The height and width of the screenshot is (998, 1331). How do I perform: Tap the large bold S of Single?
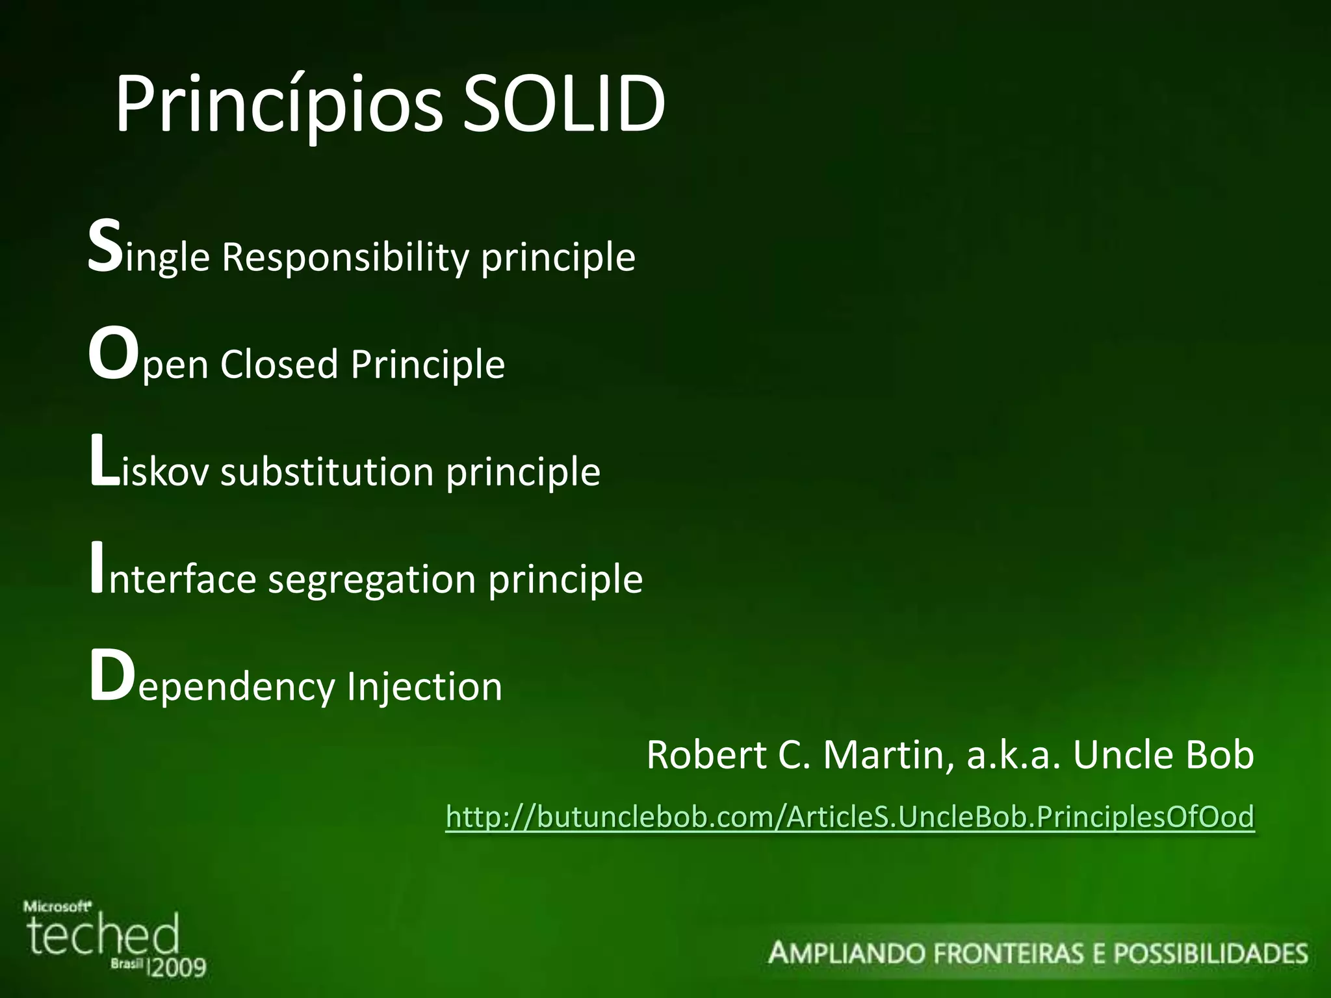[x=105, y=247]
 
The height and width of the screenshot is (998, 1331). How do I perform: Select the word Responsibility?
[x=344, y=257]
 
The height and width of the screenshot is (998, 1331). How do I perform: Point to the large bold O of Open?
[x=114, y=354]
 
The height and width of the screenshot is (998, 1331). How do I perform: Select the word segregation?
[x=372, y=580]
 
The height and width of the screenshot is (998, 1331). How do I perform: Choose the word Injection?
[x=424, y=687]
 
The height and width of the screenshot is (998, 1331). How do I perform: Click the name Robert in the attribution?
[x=706, y=755]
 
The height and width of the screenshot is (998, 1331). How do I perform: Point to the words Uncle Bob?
[x=1163, y=755]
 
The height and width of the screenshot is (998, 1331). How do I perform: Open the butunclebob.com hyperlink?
[x=849, y=817]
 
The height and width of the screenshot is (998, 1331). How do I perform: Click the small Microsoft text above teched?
[x=57, y=906]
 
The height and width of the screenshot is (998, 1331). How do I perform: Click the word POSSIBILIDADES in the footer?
[x=1210, y=954]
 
